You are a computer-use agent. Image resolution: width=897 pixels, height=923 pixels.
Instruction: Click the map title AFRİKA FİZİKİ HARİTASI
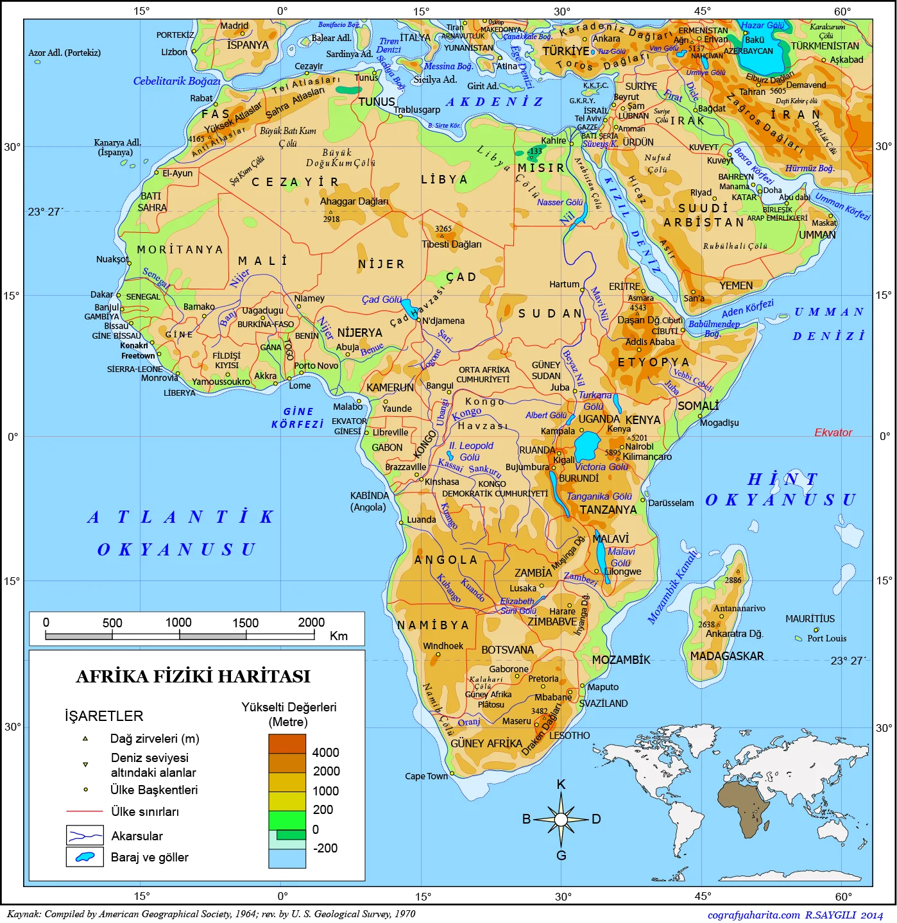pos(193,677)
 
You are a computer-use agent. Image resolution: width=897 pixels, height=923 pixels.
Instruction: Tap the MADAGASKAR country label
pos(726,656)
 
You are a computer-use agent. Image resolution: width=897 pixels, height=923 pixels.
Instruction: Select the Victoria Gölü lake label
pos(601,467)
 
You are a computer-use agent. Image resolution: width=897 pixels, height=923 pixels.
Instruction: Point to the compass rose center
pos(561,820)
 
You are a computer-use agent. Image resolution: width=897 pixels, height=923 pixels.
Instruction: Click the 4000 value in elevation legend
pos(325,752)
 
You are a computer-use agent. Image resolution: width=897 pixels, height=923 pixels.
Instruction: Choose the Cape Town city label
pos(426,776)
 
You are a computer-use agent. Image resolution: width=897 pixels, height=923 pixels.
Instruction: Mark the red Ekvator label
pos(833,433)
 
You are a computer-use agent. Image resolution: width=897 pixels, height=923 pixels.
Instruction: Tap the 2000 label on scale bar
pos(311,622)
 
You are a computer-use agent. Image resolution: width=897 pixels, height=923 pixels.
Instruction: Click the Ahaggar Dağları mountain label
pos(354,201)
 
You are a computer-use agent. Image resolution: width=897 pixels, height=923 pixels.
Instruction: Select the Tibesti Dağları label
pos(451,244)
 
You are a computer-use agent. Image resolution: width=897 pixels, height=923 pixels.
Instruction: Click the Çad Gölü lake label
pos(381,300)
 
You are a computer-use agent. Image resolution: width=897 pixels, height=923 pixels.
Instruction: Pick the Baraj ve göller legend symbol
pos(85,857)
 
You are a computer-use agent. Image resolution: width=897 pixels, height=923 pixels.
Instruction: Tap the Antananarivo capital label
pos(739,608)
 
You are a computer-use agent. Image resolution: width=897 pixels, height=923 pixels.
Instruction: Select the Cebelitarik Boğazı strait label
pos(176,81)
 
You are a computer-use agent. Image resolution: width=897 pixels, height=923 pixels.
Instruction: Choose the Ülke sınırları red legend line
pos(85,811)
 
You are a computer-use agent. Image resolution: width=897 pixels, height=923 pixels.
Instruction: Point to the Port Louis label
pos(826,638)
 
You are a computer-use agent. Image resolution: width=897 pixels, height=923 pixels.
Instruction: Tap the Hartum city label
pos(564,284)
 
